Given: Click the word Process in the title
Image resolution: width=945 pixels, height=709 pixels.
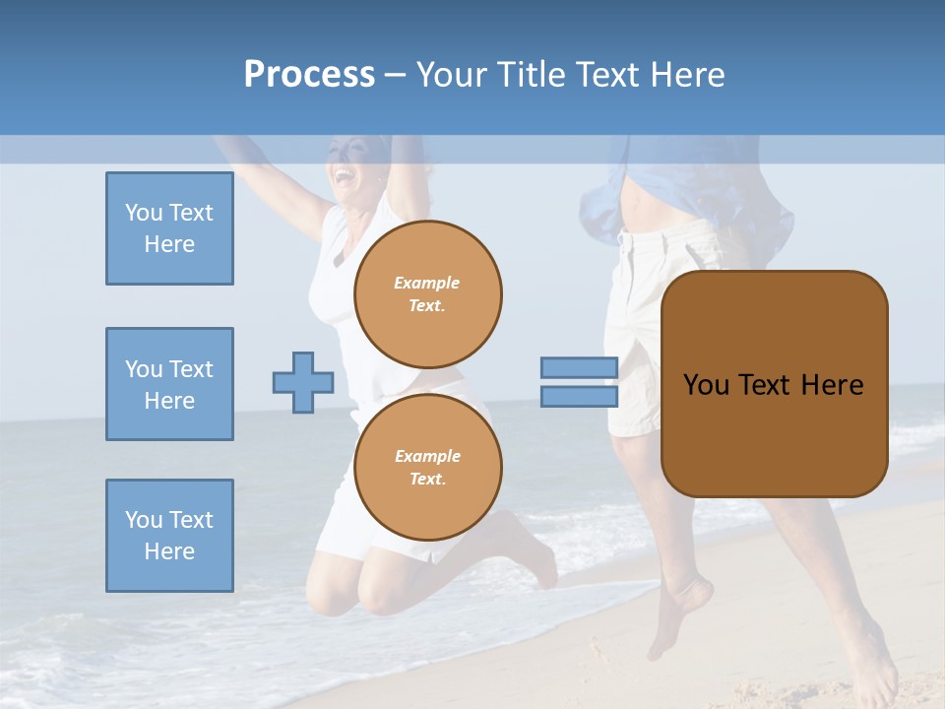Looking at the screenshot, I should tap(309, 75).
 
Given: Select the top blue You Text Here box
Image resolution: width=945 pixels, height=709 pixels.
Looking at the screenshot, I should tap(169, 228).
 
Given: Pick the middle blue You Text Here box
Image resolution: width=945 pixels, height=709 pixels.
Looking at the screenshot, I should tap(169, 384).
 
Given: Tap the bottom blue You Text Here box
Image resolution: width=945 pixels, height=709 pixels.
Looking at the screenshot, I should tap(169, 536).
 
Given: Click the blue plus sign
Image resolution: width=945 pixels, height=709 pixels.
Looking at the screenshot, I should tap(303, 382).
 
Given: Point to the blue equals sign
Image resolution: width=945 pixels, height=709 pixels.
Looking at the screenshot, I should tap(579, 382).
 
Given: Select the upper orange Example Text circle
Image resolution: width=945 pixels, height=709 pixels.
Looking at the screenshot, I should tap(428, 294).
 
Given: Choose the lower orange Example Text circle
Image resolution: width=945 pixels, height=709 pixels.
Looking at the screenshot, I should tap(428, 468).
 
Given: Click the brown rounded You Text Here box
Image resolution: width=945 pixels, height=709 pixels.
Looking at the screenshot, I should tap(774, 384).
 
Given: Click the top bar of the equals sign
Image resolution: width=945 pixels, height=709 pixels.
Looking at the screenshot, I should tap(579, 367).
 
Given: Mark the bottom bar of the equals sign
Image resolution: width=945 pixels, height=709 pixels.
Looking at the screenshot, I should tap(579, 397).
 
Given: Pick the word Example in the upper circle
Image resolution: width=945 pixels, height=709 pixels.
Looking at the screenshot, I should tap(427, 283).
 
